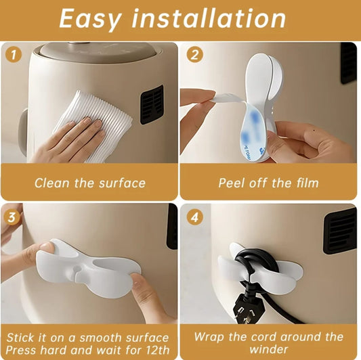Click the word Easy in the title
tap(90, 19)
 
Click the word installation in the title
tap(209, 18)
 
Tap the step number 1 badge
tap(14, 55)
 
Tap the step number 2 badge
tap(195, 55)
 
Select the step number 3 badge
tap(12, 217)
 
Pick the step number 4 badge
tap(195, 217)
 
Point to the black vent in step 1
tap(152, 105)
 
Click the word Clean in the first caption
tap(52, 183)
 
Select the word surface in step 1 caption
tap(122, 183)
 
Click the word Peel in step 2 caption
tap(231, 183)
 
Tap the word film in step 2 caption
tap(307, 183)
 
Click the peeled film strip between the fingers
tap(227, 97)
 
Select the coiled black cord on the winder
tap(255, 260)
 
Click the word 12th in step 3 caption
tap(158, 350)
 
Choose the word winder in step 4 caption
tap(268, 349)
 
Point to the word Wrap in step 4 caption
tap(209, 337)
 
